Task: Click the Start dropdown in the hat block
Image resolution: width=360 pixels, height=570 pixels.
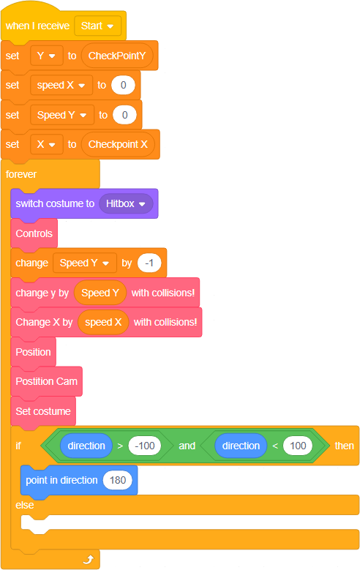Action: pos(97,26)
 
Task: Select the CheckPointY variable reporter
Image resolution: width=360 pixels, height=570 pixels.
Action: pos(117,56)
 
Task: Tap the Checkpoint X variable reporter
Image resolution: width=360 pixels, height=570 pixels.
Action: pos(119,144)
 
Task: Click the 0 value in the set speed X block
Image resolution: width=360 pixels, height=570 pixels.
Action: pos(123,85)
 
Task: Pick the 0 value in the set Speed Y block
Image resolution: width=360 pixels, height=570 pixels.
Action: pos(124,115)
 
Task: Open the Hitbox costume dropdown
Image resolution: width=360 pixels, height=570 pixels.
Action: pos(126,203)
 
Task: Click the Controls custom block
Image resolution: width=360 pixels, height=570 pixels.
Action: pos(34,233)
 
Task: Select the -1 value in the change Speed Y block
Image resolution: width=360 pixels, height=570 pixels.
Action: pos(149,263)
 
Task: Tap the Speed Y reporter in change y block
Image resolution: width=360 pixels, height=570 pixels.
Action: pos(100,293)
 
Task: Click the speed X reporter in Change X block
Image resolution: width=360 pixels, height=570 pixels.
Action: pos(103,322)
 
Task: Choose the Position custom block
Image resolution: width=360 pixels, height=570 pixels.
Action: pos(34,352)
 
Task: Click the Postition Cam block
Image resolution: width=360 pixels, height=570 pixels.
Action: pos(47,381)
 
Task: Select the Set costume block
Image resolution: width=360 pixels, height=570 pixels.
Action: pos(43,411)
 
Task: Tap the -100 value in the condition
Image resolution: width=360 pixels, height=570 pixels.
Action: pos(145,446)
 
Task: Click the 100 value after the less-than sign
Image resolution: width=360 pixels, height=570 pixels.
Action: pos(298,446)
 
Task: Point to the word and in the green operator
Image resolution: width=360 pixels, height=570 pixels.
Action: pos(187,446)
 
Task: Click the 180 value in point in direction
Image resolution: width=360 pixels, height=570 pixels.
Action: pos(118,480)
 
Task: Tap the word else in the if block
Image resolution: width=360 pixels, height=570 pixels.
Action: pos(25,505)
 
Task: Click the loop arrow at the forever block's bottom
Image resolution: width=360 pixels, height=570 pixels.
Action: pos(89,560)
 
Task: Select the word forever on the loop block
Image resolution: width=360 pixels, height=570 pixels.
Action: pos(21,174)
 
